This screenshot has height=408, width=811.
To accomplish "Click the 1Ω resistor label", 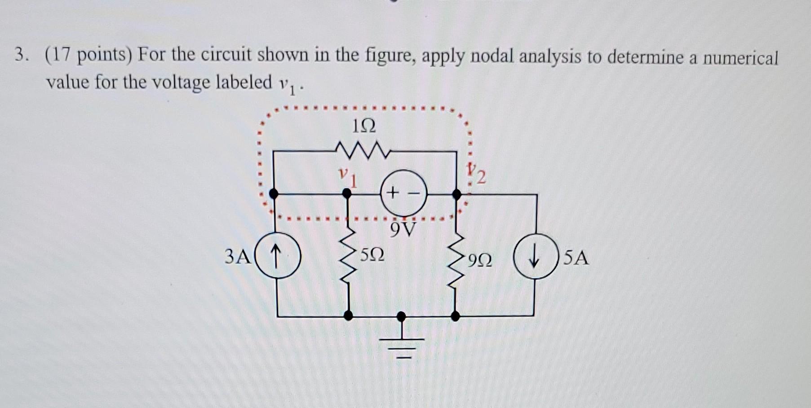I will click(x=364, y=126).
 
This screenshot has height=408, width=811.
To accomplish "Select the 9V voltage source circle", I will click(x=404, y=193).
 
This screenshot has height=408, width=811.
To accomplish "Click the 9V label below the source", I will click(x=403, y=229).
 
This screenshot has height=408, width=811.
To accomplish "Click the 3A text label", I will click(x=238, y=257).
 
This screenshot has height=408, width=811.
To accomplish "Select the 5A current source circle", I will click(x=535, y=256).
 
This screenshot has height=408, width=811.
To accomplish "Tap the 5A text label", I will click(x=576, y=258).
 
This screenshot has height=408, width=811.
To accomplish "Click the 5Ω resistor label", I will click(x=372, y=255).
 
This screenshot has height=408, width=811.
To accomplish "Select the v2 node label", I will click(x=476, y=174).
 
